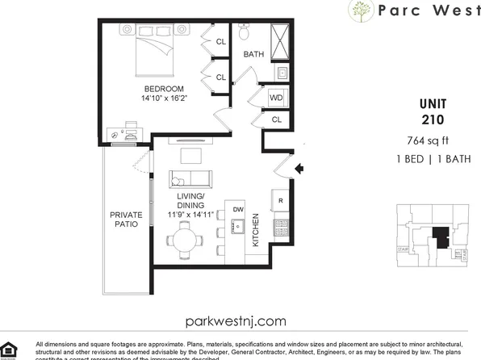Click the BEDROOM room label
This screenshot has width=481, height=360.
[165, 89]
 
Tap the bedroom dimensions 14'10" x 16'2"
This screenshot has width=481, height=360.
[165, 99]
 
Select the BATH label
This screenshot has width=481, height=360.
[254, 55]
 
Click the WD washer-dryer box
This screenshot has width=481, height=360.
[275, 98]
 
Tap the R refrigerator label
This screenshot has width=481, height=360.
[281, 200]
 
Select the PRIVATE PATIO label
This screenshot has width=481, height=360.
[126, 220]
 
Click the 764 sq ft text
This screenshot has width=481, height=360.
[433, 141]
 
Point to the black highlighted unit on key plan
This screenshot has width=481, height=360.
[440, 239]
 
